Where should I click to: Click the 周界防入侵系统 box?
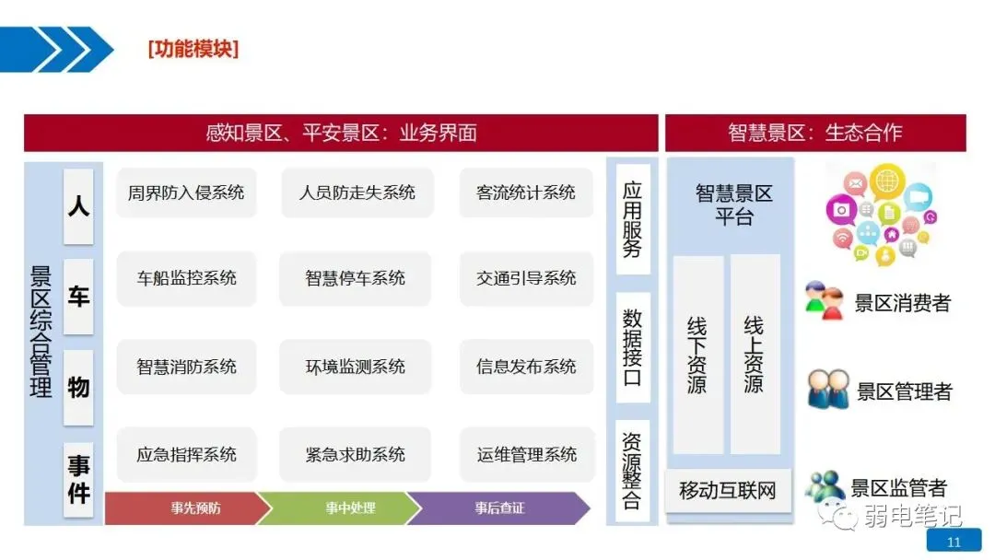[186, 192]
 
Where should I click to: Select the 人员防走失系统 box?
[357, 192]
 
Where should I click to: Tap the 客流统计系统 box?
[526, 192]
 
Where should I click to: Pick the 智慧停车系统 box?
[356, 278]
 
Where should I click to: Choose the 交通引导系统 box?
[526, 278]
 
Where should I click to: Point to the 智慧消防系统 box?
[186, 366]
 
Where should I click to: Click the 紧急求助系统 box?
[356, 454]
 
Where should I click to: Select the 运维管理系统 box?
[527, 454]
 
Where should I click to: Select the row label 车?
[78, 297]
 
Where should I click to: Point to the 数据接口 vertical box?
[632, 347]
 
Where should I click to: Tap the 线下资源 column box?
[697, 355]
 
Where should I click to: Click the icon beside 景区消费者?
[825, 301]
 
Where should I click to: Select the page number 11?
[954, 542]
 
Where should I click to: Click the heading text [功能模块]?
[193, 49]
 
